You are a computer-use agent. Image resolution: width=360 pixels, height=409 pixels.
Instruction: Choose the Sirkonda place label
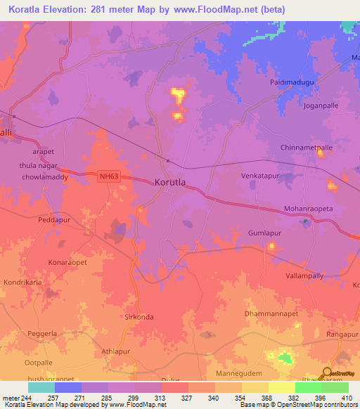[x=139, y=317]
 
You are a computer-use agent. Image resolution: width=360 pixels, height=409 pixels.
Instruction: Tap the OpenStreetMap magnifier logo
[x=327, y=374]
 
